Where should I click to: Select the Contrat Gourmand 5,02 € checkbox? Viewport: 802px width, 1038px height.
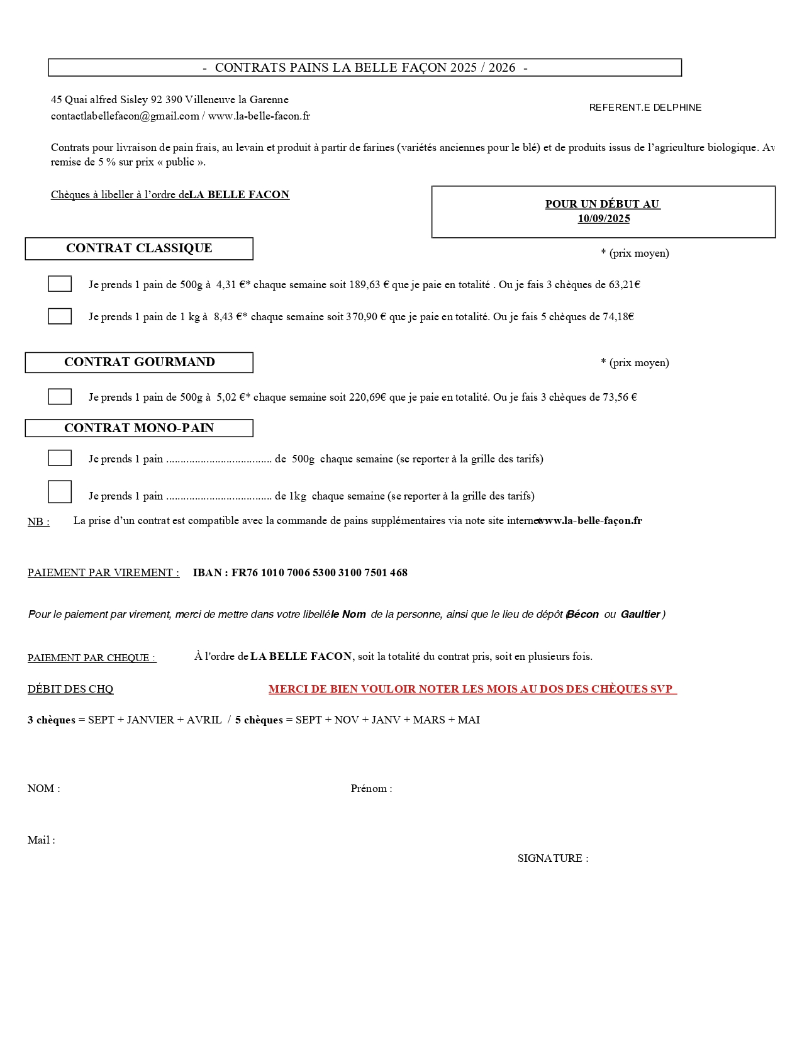(x=60, y=396)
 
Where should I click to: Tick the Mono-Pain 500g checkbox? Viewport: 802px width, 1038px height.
(x=60, y=458)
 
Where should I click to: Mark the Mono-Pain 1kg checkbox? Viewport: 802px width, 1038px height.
(x=60, y=492)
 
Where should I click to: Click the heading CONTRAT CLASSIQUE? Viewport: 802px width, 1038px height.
(x=139, y=248)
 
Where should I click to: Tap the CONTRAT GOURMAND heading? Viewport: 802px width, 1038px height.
(x=139, y=362)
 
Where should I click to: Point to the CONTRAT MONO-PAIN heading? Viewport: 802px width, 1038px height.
(x=139, y=428)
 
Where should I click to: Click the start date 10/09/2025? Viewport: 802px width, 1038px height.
(x=604, y=219)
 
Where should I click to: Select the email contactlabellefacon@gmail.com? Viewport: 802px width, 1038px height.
(x=125, y=116)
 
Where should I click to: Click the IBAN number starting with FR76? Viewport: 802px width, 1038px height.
(x=319, y=573)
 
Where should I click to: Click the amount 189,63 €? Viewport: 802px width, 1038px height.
(x=368, y=285)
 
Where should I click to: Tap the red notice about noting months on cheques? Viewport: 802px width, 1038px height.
(x=472, y=689)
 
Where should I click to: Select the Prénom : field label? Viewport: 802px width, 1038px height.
(x=371, y=789)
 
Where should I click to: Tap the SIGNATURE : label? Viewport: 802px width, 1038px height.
(x=553, y=859)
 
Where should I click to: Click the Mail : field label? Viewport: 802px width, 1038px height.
(x=42, y=840)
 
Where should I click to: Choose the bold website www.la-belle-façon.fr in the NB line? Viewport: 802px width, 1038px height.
(x=589, y=521)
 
